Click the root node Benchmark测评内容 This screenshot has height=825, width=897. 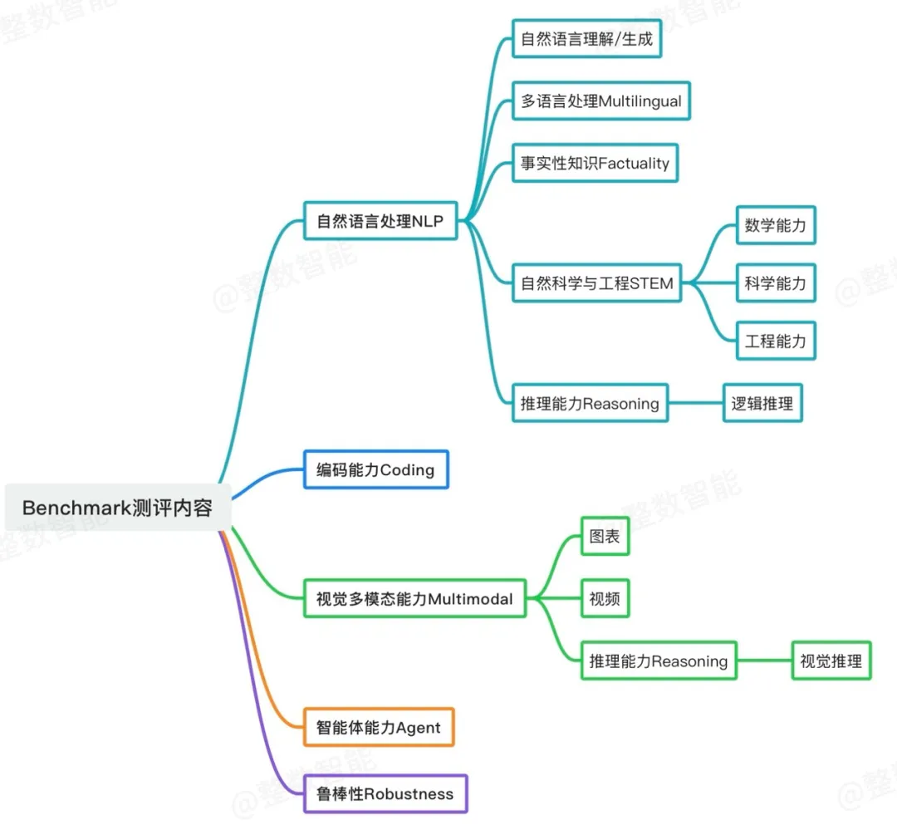pyautogui.click(x=117, y=507)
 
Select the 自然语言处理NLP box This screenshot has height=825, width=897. pyautogui.click(x=380, y=221)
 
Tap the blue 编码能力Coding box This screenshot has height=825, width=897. pyautogui.click(x=375, y=469)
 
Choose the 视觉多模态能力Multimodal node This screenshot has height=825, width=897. pyautogui.click(x=414, y=598)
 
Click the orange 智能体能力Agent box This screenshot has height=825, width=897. pyautogui.click(x=379, y=728)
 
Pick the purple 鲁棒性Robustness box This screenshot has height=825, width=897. pyautogui.click(x=385, y=793)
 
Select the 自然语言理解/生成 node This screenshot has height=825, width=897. pyautogui.click(x=586, y=38)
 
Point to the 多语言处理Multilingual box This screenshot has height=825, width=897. pyautogui.click(x=600, y=101)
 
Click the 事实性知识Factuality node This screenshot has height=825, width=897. pyautogui.click(x=595, y=163)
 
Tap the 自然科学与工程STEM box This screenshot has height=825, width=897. pyautogui.click(x=596, y=283)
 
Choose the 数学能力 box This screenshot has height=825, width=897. pyautogui.click(x=776, y=225)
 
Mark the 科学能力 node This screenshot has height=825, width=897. pyautogui.click(x=776, y=283)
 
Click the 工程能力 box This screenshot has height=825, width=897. pyautogui.click(x=776, y=341)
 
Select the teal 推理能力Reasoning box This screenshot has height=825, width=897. pyautogui.click(x=590, y=404)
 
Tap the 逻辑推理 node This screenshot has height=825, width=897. pyautogui.click(x=762, y=404)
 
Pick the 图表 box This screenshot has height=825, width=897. pyautogui.click(x=605, y=536)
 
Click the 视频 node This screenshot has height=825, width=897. pyautogui.click(x=605, y=598)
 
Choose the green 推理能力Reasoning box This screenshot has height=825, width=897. pyautogui.click(x=659, y=661)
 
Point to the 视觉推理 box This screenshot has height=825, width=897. pyautogui.click(x=831, y=661)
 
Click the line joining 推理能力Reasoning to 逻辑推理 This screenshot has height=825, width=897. pyautogui.click(x=695, y=404)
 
